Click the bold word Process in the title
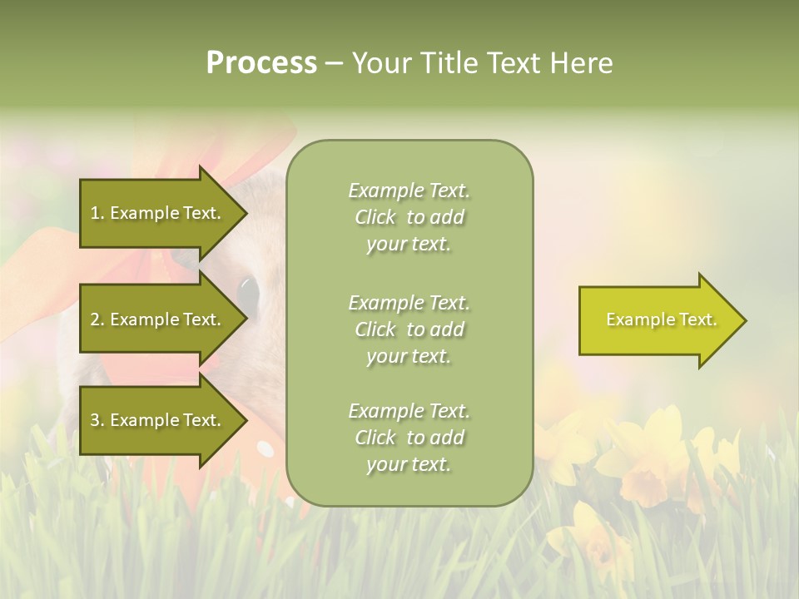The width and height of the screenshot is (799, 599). (x=261, y=63)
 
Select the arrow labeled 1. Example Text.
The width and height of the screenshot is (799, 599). (x=158, y=213)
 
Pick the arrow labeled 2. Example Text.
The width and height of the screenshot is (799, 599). (x=158, y=319)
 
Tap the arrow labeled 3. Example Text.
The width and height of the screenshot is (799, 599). (x=158, y=420)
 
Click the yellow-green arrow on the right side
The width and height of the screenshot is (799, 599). (x=658, y=320)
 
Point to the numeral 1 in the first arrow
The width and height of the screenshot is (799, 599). (x=95, y=213)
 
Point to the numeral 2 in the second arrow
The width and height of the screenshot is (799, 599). (x=96, y=319)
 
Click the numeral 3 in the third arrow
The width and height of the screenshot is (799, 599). (x=96, y=420)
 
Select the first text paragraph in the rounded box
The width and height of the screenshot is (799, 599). (x=409, y=217)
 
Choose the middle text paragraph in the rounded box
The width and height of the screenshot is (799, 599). (x=409, y=329)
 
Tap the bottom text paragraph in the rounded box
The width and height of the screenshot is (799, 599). (x=409, y=438)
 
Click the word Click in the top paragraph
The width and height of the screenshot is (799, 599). (x=375, y=217)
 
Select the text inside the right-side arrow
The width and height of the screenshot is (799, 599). (x=661, y=319)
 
